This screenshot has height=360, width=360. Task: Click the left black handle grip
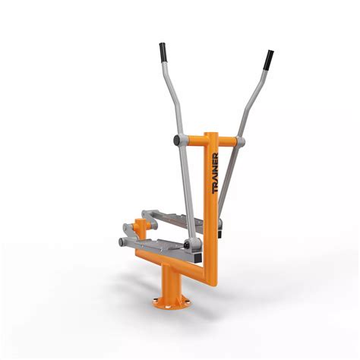pos(163,53)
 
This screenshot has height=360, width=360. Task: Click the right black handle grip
pos(269,59)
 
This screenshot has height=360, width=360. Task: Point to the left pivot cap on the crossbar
pos(177,141)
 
